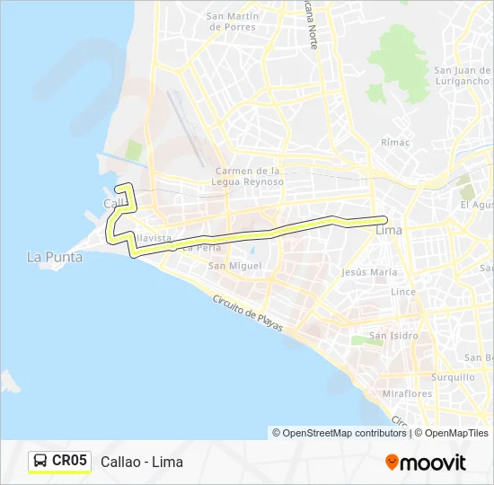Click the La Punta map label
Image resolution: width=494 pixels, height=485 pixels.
tap(55, 257)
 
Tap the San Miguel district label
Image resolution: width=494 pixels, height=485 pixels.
tap(234, 266)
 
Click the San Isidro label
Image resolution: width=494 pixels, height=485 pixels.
tap(393, 336)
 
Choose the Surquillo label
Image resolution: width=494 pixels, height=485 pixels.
tap(453, 377)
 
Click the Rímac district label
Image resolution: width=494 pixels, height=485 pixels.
tap(395, 142)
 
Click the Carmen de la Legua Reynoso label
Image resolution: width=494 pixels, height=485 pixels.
tap(250, 176)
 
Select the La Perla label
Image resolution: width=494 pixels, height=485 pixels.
tap(201, 247)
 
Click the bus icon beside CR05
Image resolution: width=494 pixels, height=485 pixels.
tap(40, 462)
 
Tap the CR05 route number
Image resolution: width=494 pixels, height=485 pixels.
tap(70, 461)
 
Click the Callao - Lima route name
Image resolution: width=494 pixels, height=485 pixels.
tap(142, 462)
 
